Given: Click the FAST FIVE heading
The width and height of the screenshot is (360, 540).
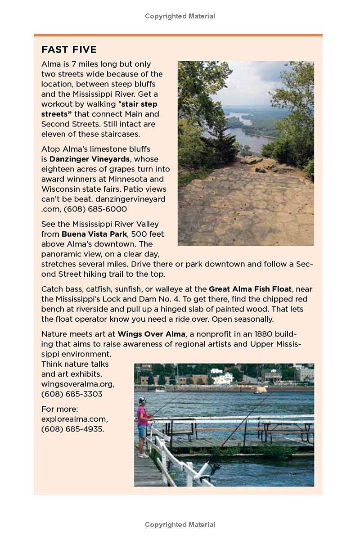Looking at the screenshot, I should click(69, 49).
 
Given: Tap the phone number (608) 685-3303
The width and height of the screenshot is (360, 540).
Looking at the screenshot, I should click(72, 394).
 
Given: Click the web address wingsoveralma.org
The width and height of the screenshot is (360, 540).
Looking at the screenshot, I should click(78, 384).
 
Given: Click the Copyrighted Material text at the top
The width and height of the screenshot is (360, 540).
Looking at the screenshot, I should click(180, 16).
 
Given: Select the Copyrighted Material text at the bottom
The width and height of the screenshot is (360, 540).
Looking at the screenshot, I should click(180, 525).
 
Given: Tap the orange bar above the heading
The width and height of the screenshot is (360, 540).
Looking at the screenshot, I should click(178, 35).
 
